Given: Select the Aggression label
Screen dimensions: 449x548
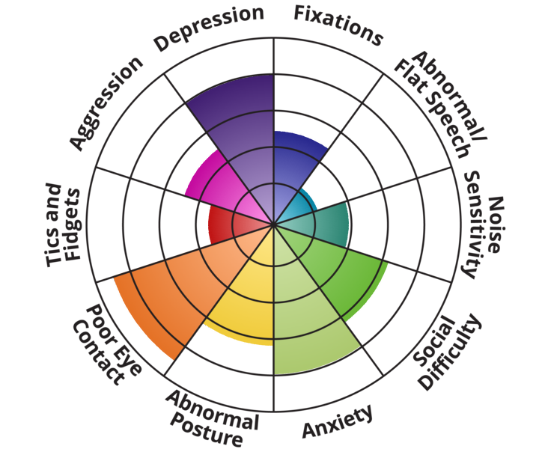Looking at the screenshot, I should (x=106, y=103).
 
